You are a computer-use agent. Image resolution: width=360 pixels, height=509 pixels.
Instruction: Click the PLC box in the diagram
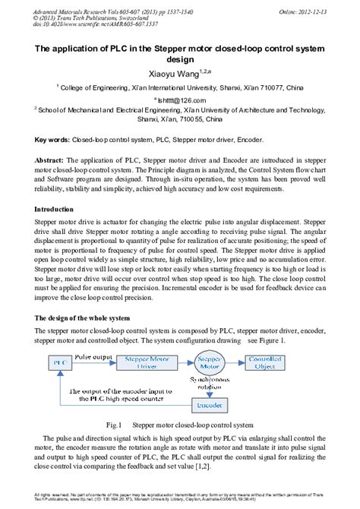57,363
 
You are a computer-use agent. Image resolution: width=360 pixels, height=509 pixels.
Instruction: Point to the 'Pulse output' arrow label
93,356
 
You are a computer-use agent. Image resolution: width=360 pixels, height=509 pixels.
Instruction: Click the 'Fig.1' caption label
115,426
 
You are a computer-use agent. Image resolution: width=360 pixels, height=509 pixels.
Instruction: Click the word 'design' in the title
180,61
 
